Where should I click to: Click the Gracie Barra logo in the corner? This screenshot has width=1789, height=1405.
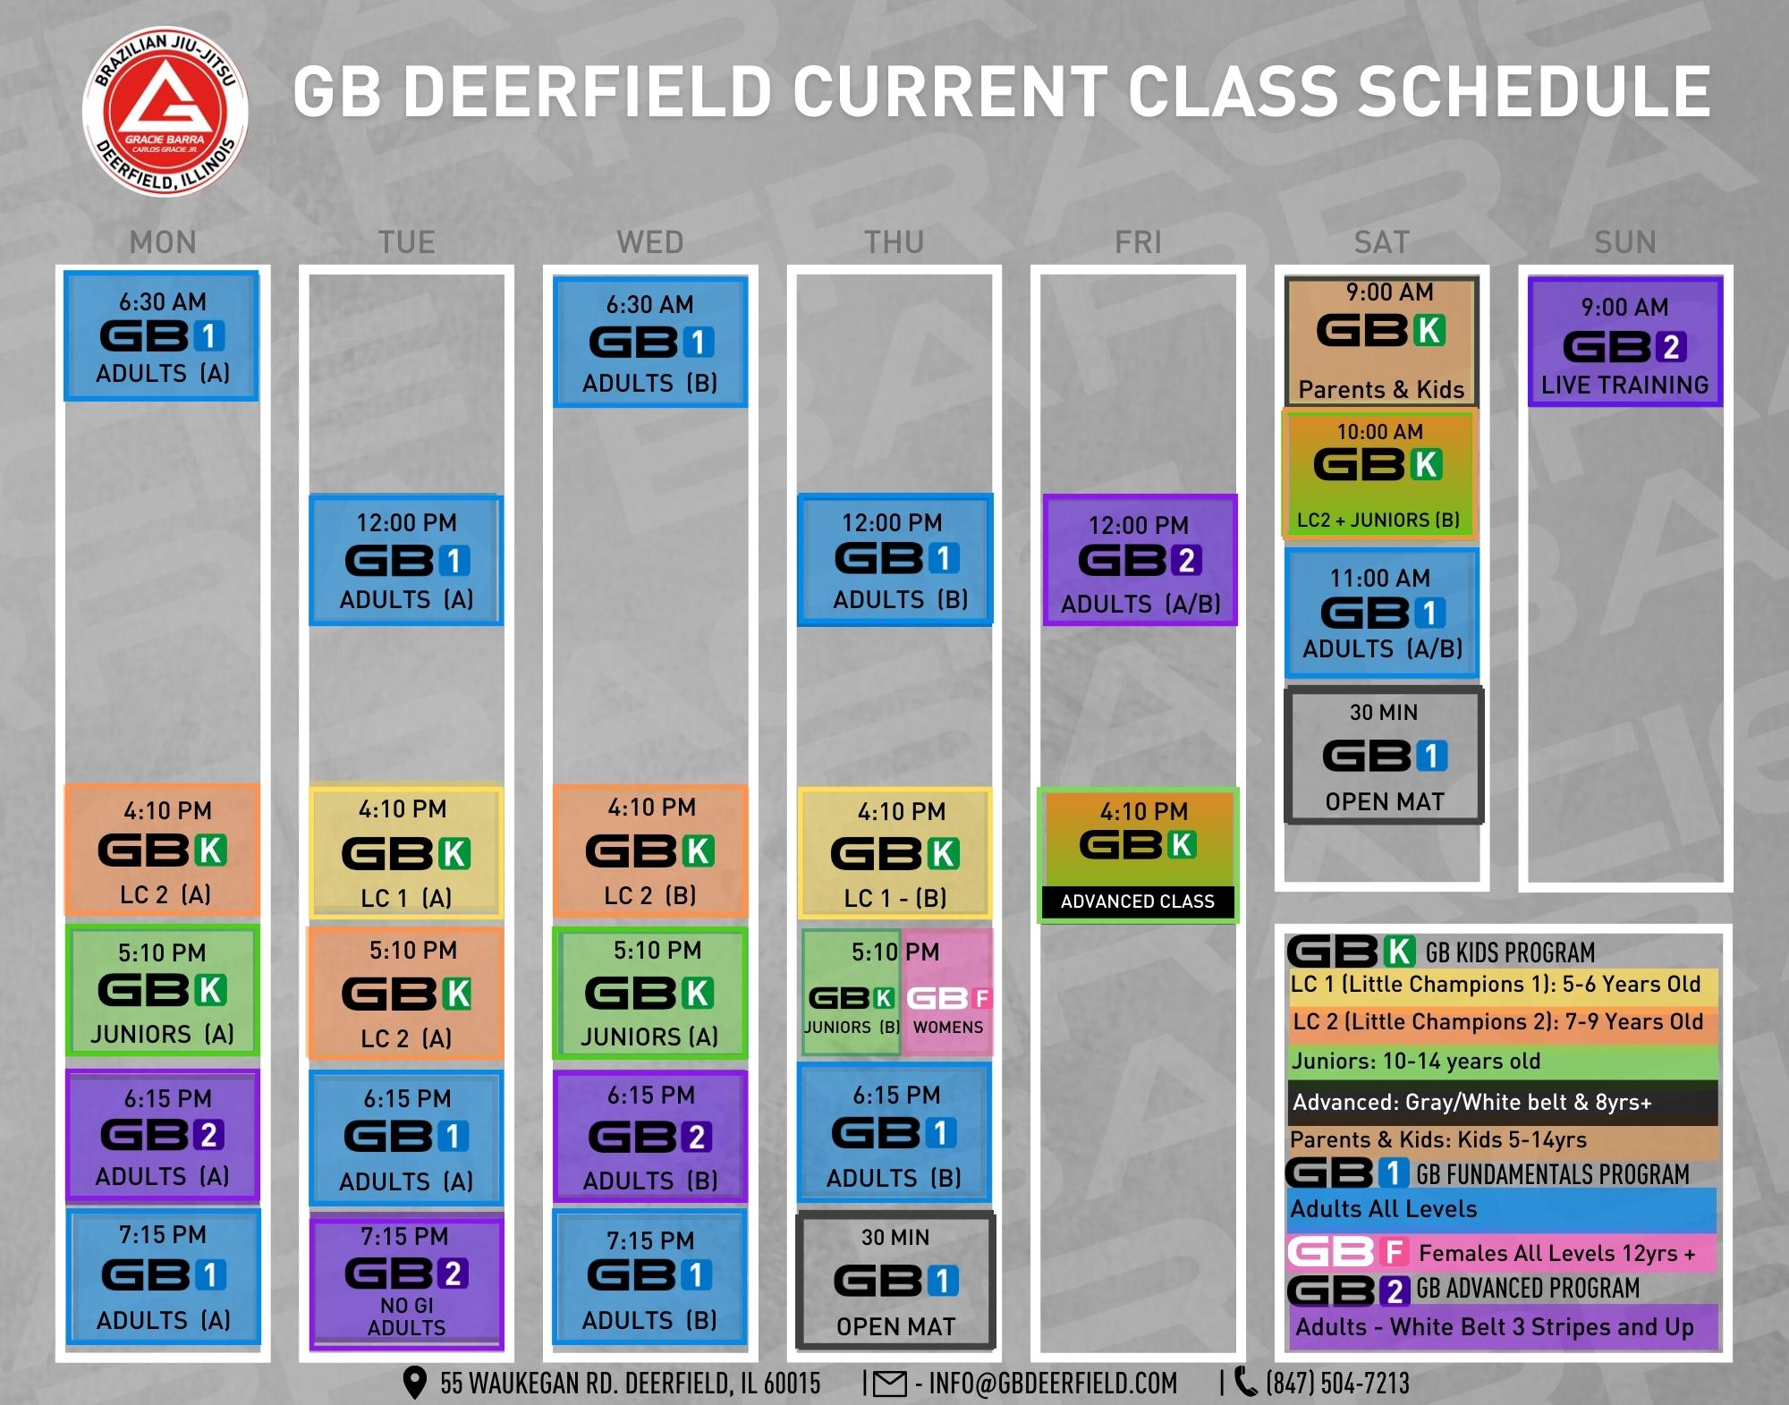click(x=165, y=112)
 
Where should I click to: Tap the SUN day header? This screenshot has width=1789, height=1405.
click(x=1625, y=242)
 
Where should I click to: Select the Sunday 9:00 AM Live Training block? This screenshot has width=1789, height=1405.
click(x=1625, y=342)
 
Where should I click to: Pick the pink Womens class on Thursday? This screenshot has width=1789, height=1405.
click(x=948, y=993)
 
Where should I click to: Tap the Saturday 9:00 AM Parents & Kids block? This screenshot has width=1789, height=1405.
click(x=1382, y=342)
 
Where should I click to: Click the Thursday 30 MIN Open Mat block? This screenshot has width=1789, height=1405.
click(x=895, y=1280)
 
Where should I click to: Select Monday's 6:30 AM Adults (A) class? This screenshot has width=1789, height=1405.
click(x=162, y=335)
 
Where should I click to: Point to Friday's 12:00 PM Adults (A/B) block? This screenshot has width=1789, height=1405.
click(x=1140, y=560)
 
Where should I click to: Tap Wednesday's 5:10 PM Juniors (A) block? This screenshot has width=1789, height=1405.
click(x=649, y=994)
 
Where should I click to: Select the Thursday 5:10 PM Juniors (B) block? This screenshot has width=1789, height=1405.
click(x=852, y=993)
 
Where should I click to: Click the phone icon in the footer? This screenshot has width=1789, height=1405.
click(x=1245, y=1383)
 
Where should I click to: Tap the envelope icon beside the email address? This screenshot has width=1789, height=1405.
click(x=889, y=1384)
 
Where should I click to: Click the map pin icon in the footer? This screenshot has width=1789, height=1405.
click(x=414, y=1383)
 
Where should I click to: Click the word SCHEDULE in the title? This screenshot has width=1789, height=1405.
click(x=1534, y=91)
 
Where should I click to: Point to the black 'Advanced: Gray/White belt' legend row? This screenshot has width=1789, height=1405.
click(x=1503, y=1102)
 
